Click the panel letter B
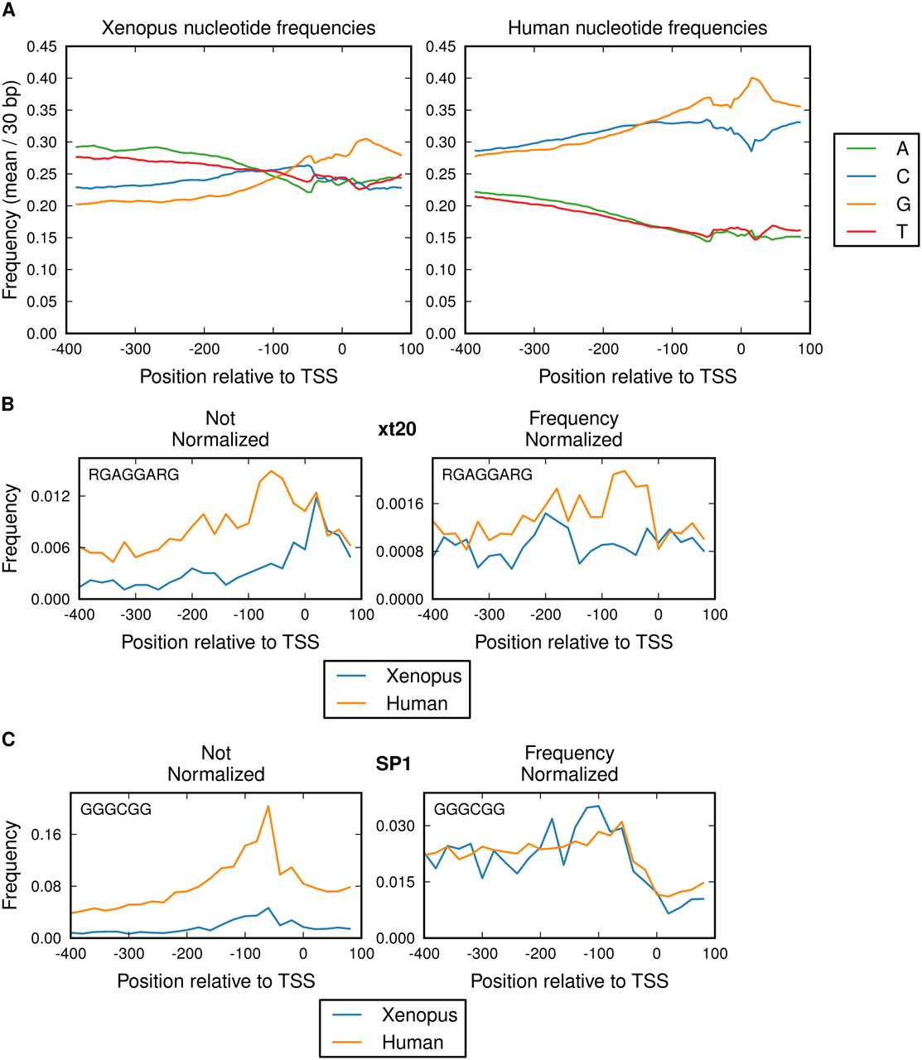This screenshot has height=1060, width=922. point(7,404)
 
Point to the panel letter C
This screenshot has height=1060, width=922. point(7,739)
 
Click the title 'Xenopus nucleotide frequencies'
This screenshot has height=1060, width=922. point(239,28)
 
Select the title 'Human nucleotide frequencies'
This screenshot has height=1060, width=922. point(637,28)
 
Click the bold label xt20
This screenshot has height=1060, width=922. point(396,429)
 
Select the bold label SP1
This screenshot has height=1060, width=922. point(393,764)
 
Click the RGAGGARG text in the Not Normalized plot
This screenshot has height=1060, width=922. point(133,475)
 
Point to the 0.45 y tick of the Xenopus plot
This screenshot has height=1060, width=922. point(42,46)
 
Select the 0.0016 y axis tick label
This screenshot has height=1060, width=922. point(401,503)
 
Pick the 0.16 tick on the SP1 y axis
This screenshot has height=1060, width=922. point(46,834)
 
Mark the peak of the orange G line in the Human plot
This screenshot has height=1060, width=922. point(752,78)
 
